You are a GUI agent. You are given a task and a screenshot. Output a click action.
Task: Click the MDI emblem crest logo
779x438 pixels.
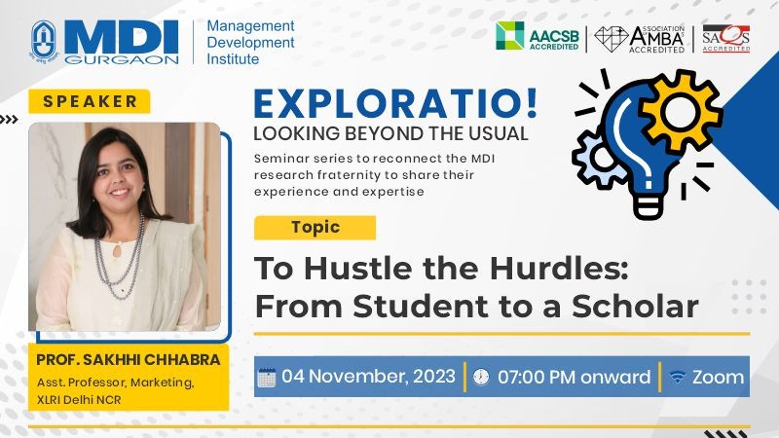pos(44,41)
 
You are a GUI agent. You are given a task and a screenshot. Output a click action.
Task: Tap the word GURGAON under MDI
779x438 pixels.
pos(121,59)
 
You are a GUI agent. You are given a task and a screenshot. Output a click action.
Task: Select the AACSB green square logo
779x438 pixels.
pos(509,35)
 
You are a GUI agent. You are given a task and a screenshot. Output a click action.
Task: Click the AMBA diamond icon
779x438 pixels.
pos(612,38)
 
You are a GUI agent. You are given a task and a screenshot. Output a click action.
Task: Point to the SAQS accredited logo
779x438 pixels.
pos(725,38)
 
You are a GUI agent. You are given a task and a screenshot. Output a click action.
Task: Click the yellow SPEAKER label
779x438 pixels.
pos(90,101)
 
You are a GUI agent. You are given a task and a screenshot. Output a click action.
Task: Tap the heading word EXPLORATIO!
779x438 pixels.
pos(396,103)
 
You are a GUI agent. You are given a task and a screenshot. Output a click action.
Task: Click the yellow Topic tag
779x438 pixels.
pos(315,228)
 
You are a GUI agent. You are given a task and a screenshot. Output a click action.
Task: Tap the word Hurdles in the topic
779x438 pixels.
pos(559,269)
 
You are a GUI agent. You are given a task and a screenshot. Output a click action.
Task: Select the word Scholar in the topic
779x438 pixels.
pos(636,306)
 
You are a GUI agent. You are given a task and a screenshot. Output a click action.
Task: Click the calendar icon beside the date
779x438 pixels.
pos(267,378)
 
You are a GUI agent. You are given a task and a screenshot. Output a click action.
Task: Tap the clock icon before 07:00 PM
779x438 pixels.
pos(480,378)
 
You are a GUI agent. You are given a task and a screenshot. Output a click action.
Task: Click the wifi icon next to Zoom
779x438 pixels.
pos(677,377)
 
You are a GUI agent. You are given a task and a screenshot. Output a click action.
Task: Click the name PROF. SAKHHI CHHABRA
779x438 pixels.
pos(129,359)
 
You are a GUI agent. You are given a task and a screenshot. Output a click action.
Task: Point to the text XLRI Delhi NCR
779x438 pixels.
pos(79,400)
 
